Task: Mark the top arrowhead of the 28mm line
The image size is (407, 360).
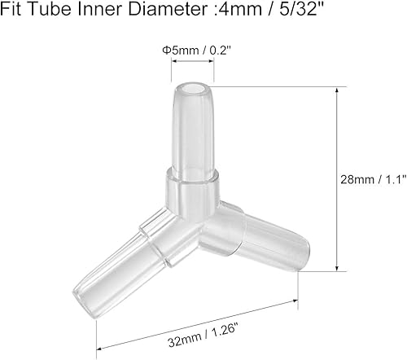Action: [336, 91]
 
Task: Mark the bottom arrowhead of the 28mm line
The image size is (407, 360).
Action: [336, 270]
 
